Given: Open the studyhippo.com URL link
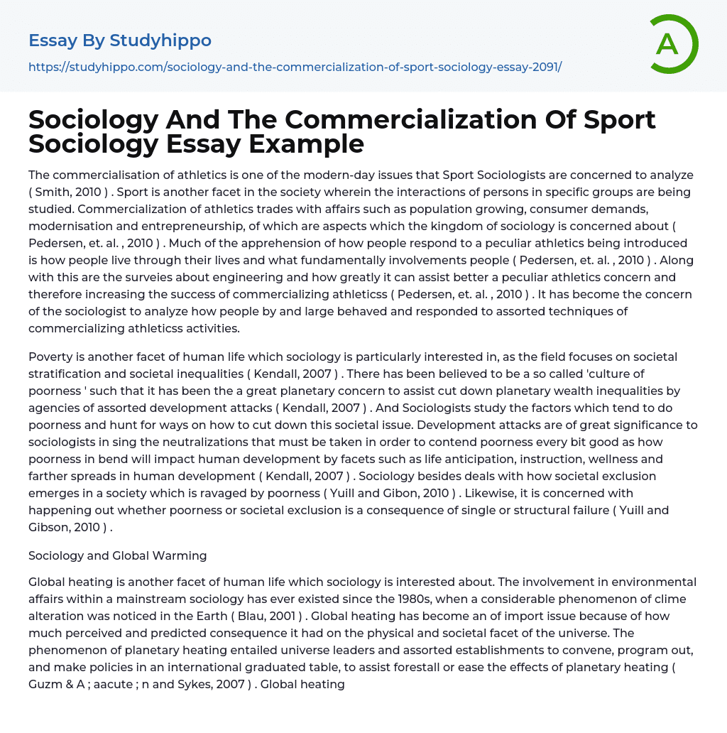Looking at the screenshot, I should [x=295, y=67].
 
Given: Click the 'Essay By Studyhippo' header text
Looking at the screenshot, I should [x=120, y=40].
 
